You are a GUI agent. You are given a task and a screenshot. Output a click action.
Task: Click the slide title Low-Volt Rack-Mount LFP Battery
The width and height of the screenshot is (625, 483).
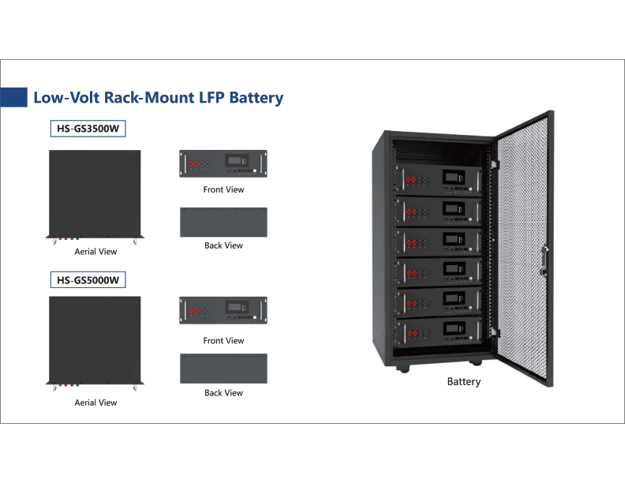tap(158, 98)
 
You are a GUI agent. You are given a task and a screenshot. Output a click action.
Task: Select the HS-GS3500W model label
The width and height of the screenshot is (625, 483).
tap(88, 129)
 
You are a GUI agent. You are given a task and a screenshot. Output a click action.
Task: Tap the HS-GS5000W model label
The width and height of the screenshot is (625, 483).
tap(88, 279)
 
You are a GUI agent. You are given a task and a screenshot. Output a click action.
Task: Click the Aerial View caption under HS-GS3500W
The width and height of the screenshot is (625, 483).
tap(95, 252)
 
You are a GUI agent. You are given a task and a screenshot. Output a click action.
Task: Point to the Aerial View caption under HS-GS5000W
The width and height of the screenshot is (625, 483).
tap(95, 402)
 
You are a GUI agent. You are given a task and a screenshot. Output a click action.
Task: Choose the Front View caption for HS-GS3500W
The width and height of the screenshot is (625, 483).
tap(223, 189)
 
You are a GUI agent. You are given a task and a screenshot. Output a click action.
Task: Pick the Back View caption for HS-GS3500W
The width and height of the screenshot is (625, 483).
tap(223, 245)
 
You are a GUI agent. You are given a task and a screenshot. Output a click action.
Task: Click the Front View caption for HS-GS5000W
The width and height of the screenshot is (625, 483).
tap(223, 341)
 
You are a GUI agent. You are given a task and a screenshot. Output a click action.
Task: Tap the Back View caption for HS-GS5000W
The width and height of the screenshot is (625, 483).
tap(223, 392)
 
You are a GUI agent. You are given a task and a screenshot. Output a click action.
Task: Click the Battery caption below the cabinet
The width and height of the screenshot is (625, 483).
tap(463, 382)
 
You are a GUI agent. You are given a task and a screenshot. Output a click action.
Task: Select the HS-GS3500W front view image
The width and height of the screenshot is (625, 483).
tap(223, 164)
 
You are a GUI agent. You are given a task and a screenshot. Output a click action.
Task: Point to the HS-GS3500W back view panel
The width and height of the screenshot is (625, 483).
tap(223, 221)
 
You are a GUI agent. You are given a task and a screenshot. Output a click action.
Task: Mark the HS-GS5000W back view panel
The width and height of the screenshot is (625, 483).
tap(223, 369)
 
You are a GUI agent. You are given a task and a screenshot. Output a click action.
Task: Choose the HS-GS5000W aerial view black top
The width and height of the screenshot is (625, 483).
tap(95, 339)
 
